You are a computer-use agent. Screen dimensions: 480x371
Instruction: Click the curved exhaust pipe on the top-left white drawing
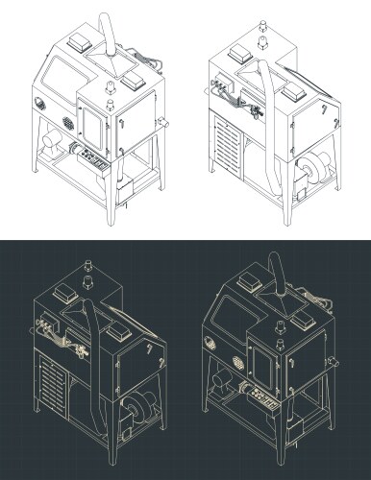click(109, 36)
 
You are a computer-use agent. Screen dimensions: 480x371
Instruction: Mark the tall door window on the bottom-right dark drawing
click(259, 360)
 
